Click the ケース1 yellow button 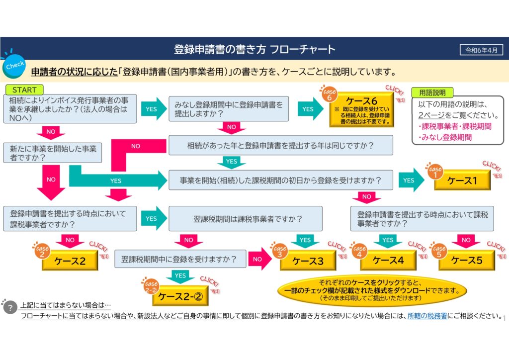[462, 180]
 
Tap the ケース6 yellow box [361, 108]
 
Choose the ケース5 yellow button [467, 260]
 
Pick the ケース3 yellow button [308, 261]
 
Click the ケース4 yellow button [388, 260]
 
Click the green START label [24, 90]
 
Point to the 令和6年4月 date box [481, 50]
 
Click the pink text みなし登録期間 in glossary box [446, 137]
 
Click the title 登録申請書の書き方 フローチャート [254, 50]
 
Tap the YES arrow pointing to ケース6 [310, 109]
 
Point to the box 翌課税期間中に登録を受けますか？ [180, 259]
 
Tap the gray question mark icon [10, 308]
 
